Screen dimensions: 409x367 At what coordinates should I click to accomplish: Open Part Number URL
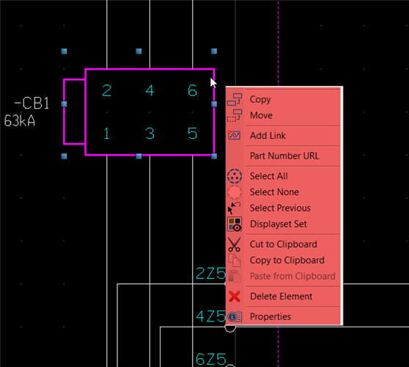coord(284,156)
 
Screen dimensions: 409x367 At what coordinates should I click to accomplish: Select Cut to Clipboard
coord(284,244)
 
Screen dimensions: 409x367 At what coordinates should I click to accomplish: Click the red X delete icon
coord(235,297)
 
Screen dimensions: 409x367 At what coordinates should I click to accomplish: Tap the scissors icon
coord(235,244)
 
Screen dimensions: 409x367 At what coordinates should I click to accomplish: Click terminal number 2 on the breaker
coord(107,90)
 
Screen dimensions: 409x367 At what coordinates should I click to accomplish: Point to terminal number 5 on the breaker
coord(193,133)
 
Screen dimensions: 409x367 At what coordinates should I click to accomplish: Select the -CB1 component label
coord(32,103)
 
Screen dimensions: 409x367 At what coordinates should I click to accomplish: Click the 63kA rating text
coord(20,121)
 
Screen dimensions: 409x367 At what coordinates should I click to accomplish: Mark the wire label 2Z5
coord(211,273)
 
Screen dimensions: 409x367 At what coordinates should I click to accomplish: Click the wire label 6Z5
coord(211,359)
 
